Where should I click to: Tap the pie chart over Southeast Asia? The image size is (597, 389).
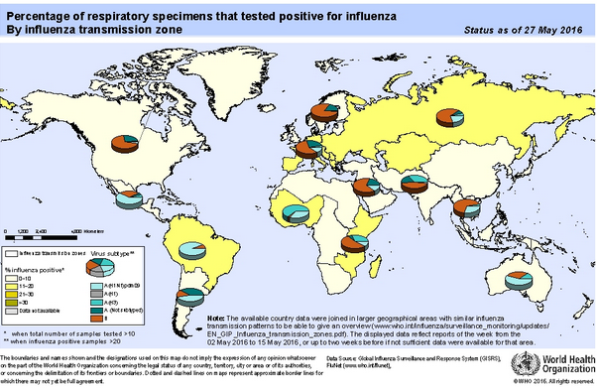coord(462,208)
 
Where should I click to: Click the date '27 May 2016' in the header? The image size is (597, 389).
coord(555,32)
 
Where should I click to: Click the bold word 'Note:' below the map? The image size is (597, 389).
coord(215,319)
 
